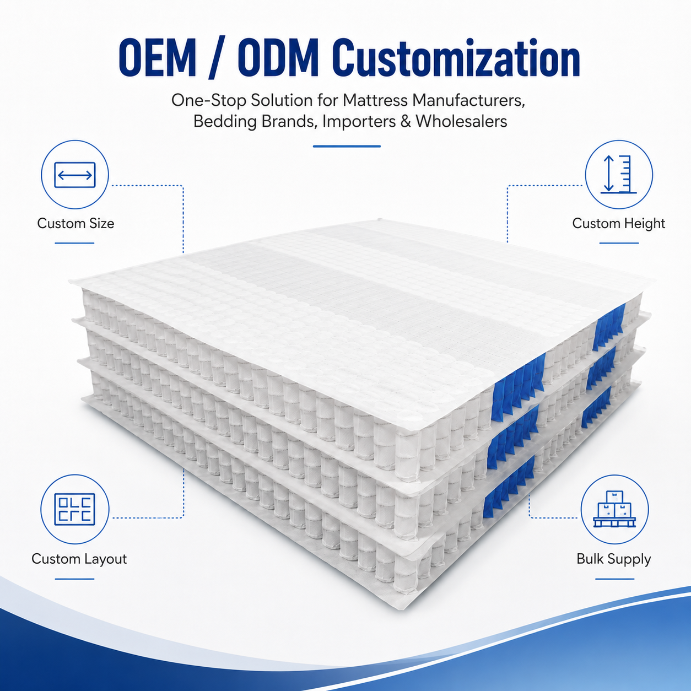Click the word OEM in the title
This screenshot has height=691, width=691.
pos(158,57)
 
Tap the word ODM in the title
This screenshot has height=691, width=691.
pos(279,57)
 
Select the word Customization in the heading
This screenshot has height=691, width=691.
pos(456,57)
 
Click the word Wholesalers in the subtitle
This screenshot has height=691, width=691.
pos(461,121)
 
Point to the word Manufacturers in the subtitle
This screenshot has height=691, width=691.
pos(468,100)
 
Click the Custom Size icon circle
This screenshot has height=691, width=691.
pos(74,175)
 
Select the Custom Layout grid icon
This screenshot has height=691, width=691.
pos(74,509)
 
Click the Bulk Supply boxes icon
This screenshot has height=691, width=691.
pos(614,509)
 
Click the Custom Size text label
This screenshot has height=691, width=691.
pos(75,223)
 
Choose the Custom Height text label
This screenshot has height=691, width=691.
pos(619,224)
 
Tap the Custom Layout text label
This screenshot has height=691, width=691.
pos(79,559)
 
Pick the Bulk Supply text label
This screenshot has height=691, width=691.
pos(613,559)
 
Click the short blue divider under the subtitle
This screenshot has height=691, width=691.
pos(347,147)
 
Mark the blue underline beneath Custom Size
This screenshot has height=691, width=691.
pos(74,243)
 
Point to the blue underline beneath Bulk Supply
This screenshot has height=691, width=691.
pos(614,579)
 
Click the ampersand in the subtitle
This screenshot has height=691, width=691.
pos(406,121)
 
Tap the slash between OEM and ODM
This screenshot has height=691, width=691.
pos(217,57)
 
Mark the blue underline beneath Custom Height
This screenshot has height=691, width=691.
pos(619,243)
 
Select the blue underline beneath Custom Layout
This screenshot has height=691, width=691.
pos(74,579)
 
